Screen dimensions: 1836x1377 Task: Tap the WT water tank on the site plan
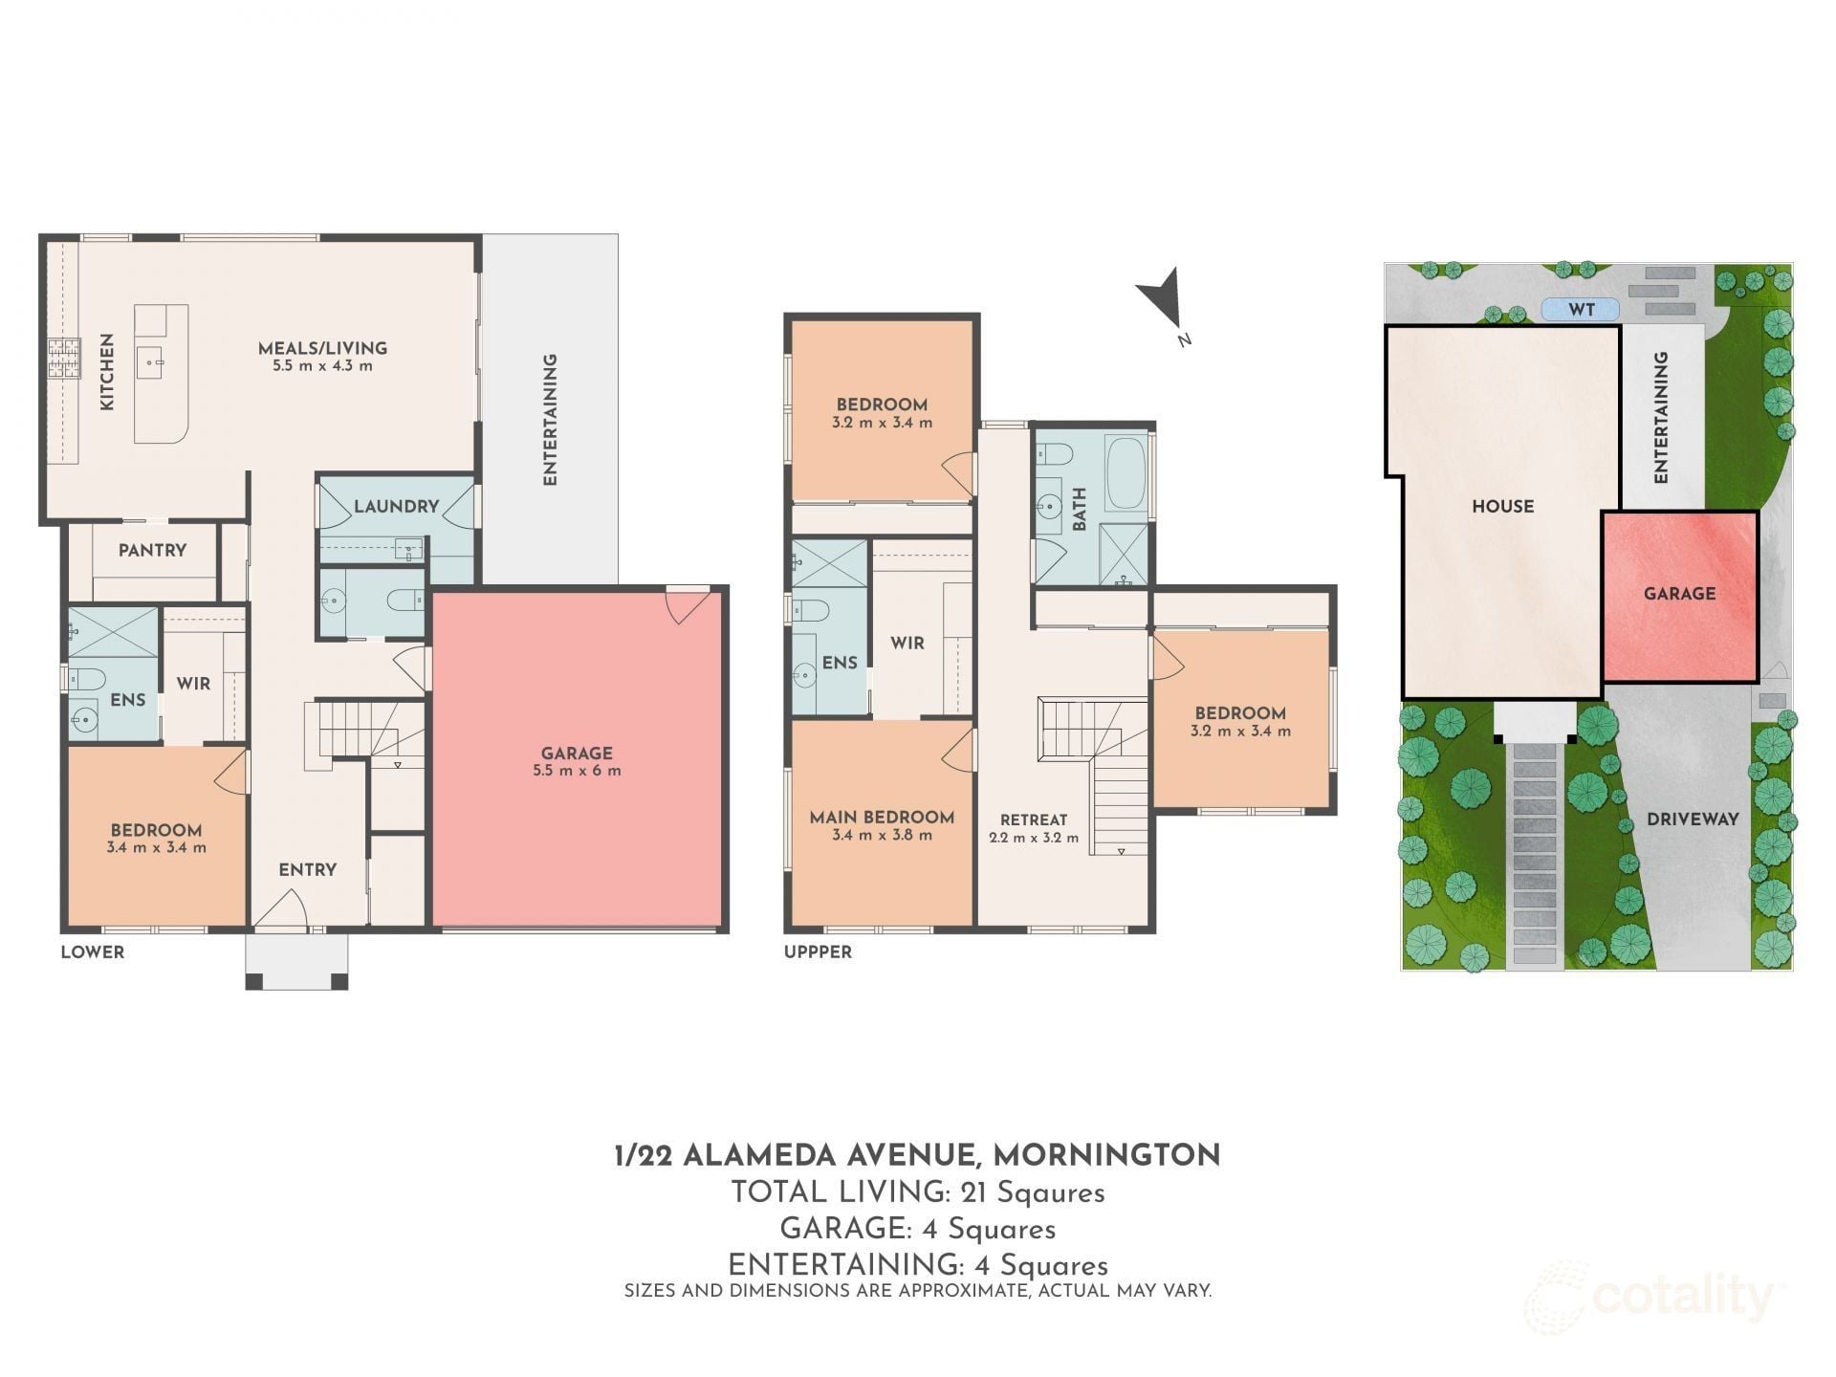click(x=1581, y=310)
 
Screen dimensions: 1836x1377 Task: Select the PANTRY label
click(x=152, y=550)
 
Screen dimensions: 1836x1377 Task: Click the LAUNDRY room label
click(x=396, y=506)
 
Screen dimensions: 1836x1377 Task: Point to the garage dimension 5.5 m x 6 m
click(x=577, y=771)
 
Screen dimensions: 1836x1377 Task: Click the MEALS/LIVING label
click(x=322, y=348)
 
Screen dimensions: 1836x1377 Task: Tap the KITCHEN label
click(x=107, y=372)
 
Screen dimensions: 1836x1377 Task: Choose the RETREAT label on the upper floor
click(x=1034, y=820)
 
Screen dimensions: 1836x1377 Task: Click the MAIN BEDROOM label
click(x=882, y=817)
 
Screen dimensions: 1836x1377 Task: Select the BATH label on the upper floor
click(x=1079, y=509)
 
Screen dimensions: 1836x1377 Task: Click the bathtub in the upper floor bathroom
click(x=1126, y=473)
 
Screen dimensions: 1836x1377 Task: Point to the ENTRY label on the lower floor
click(x=307, y=869)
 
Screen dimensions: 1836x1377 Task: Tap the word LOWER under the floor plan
click(x=93, y=952)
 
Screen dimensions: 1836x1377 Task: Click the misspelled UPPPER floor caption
click(x=818, y=952)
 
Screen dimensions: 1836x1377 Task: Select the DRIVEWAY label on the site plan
click(x=1693, y=820)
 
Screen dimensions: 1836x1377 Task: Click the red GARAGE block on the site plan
click(x=1680, y=596)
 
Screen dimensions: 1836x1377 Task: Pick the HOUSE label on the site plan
click(x=1502, y=506)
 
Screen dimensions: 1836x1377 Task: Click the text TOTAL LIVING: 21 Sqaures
click(x=918, y=1192)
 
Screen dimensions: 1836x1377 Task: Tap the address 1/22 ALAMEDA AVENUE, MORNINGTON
click(x=918, y=1155)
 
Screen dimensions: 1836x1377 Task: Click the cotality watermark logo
click(x=1649, y=1298)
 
